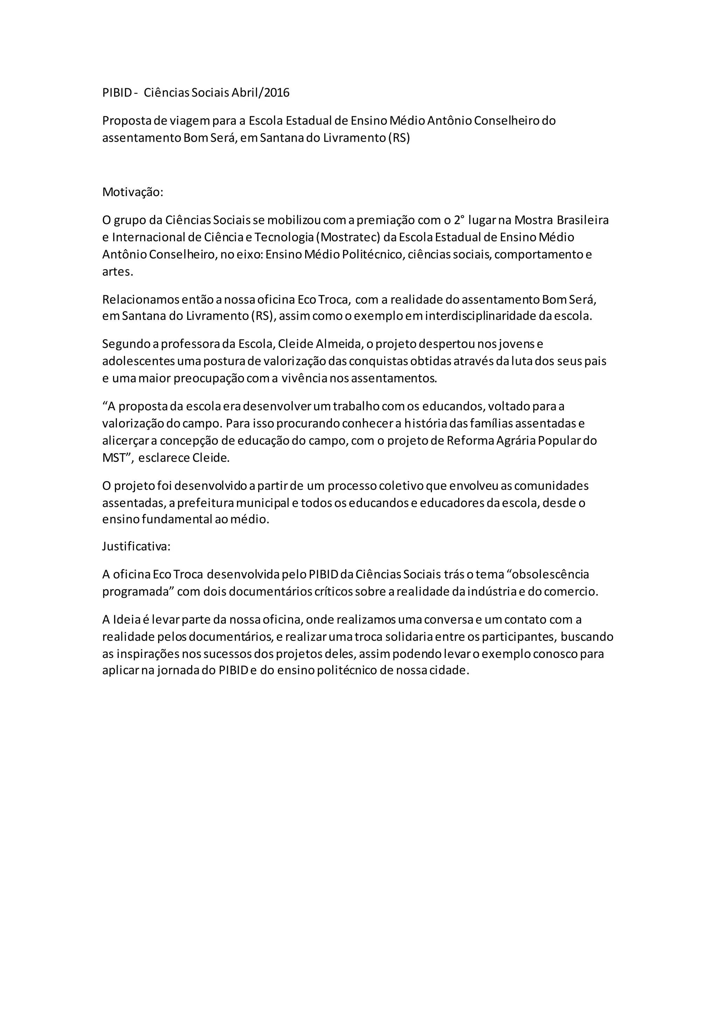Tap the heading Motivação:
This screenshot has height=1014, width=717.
[132, 192]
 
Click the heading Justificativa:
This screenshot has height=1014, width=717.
[136, 546]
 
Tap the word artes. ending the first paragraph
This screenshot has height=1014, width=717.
[117, 272]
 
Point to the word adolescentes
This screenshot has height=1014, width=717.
[139, 361]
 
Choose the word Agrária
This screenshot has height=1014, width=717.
[513, 440]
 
